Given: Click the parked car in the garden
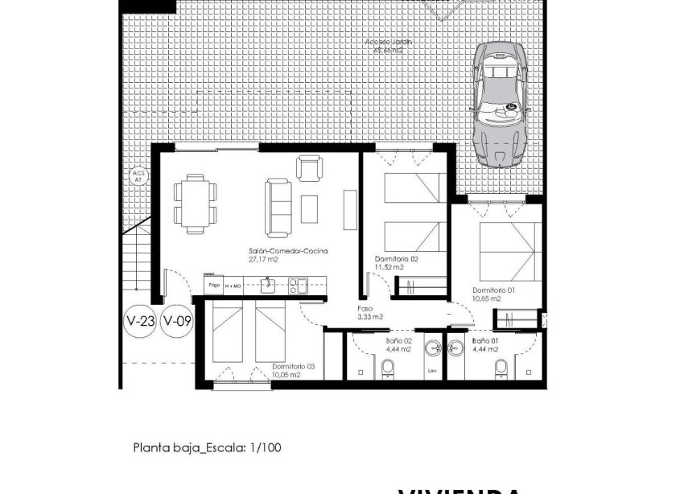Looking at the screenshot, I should (500, 103).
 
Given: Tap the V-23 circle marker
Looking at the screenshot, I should (141, 322).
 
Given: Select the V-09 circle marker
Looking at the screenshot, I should (177, 322).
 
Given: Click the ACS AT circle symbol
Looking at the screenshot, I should (137, 177).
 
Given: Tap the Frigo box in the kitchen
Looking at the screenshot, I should (214, 285).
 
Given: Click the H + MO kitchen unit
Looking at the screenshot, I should (233, 285).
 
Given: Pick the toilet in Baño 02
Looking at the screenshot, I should (388, 368).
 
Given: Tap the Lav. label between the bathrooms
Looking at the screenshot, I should (432, 371).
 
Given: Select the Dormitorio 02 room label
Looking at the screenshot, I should (397, 259).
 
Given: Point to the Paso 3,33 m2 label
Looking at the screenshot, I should (370, 312).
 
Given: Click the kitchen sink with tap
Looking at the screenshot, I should (268, 284).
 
